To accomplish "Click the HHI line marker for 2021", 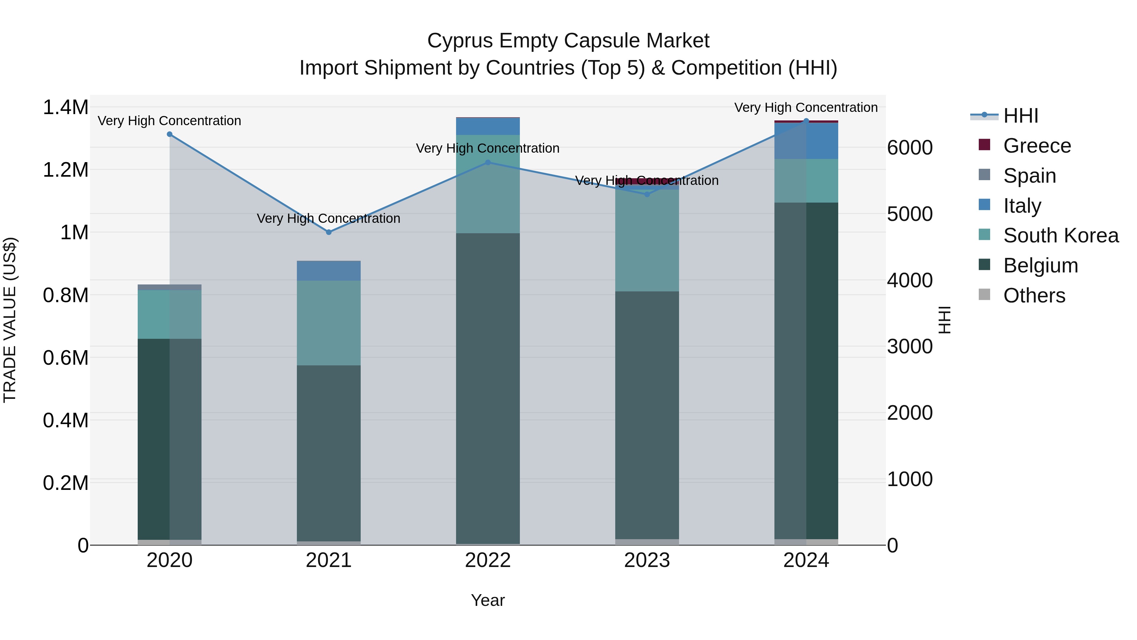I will (x=328, y=232).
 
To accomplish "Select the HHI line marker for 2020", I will (x=170, y=134).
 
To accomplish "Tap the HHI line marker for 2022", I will (x=488, y=162).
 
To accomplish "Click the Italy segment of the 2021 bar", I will (x=328, y=271).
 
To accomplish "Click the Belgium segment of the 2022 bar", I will (x=488, y=389).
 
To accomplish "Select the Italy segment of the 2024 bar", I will (x=806, y=141).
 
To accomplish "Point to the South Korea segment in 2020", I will (x=170, y=314).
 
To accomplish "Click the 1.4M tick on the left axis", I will (x=65, y=108).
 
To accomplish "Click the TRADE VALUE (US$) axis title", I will (x=10, y=320).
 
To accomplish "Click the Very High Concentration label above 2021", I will (x=328, y=219).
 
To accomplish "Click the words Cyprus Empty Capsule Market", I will (x=568, y=41).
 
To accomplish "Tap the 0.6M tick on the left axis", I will (x=65, y=358).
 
